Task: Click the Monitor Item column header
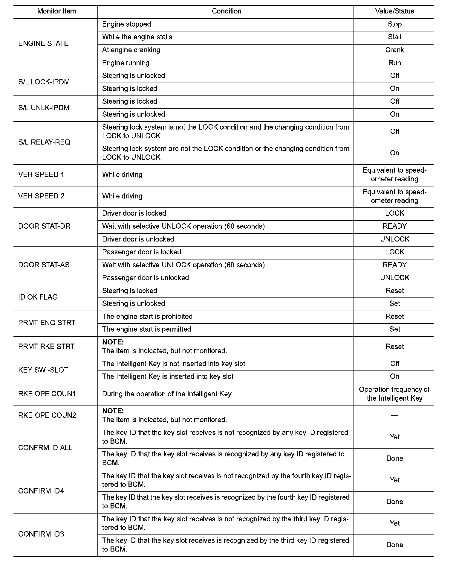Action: pyautogui.click(x=56, y=11)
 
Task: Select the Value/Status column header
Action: pyautogui.click(x=394, y=11)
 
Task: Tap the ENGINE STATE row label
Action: pyautogui.click(x=43, y=43)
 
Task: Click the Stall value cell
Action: pyautogui.click(x=394, y=37)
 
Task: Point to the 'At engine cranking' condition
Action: pyautogui.click(x=131, y=50)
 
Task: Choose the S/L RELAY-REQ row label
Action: pyautogui.click(x=44, y=142)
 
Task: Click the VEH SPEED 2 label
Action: pyautogui.click(x=41, y=196)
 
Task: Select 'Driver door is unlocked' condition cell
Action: pyautogui.click(x=138, y=239)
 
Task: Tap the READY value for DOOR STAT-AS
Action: pyautogui.click(x=394, y=265)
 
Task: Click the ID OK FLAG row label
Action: pyautogui.click(x=38, y=297)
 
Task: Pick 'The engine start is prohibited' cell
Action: pyautogui.click(x=147, y=316)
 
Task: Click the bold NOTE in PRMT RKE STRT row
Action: pyautogui.click(x=113, y=342)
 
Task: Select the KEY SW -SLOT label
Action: pyautogui.click(x=43, y=370)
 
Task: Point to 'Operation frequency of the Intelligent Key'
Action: pyautogui.click(x=394, y=394)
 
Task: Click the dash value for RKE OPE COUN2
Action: pyautogui.click(x=394, y=416)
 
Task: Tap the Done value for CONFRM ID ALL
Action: pyautogui.click(x=394, y=458)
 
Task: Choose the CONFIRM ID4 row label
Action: pyautogui.click(x=41, y=491)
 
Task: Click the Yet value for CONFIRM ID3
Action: pyautogui.click(x=394, y=523)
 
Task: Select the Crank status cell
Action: pyautogui.click(x=394, y=50)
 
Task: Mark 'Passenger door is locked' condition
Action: pyautogui.click(x=142, y=252)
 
